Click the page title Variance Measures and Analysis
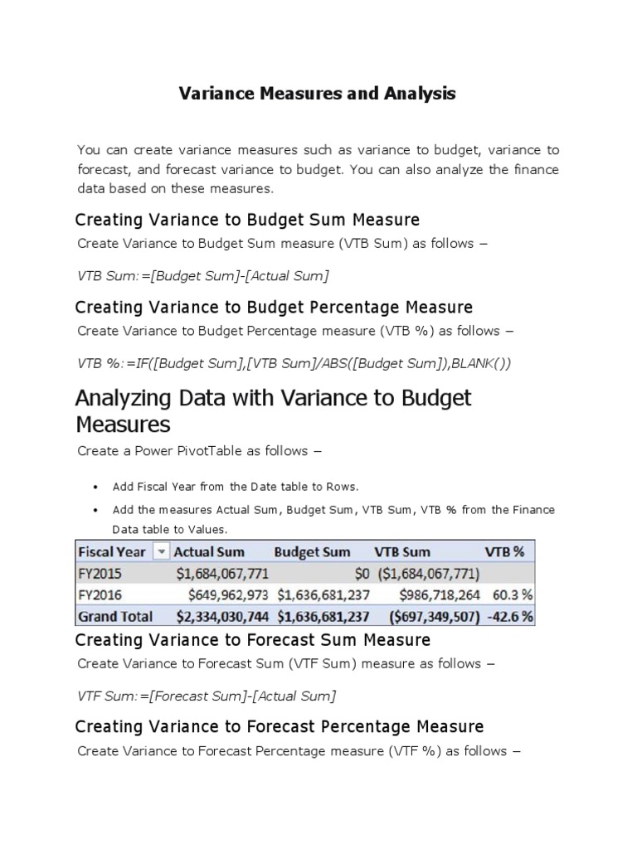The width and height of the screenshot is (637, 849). tap(318, 94)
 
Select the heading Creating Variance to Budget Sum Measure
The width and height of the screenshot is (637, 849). tap(247, 220)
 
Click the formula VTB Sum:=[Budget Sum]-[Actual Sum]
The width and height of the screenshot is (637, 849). tap(197, 275)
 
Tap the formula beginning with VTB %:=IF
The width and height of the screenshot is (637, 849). tap(294, 362)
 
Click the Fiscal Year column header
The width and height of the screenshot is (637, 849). tap(111, 552)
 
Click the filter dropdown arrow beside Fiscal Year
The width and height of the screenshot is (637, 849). tap(161, 552)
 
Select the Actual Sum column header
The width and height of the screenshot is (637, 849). tap(209, 552)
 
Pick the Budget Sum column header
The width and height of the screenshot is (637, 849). tap(312, 552)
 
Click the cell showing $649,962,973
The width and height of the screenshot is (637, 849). tap(222, 595)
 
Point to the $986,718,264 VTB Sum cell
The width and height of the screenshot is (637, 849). tap(440, 595)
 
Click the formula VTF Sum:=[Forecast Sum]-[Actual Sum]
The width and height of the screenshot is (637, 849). tap(207, 696)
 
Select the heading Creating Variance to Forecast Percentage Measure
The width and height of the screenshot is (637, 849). tap(279, 726)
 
